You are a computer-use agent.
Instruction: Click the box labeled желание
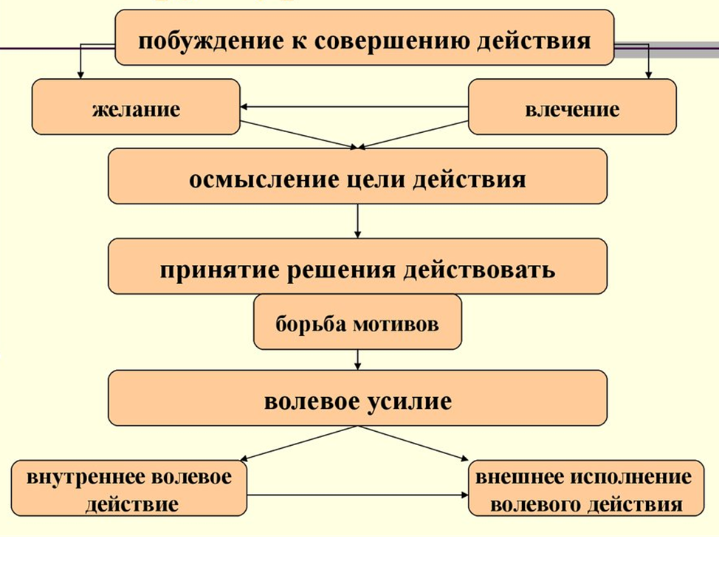tap(136, 108)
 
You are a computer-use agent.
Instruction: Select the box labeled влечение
tap(572, 108)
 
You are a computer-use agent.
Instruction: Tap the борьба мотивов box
tap(357, 323)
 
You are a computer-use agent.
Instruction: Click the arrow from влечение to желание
tap(354, 108)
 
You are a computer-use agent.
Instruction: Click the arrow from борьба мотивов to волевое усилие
tap(357, 359)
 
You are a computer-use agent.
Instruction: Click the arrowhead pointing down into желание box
tap(79, 73)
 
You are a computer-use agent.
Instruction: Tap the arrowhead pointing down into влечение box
tap(649, 73)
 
